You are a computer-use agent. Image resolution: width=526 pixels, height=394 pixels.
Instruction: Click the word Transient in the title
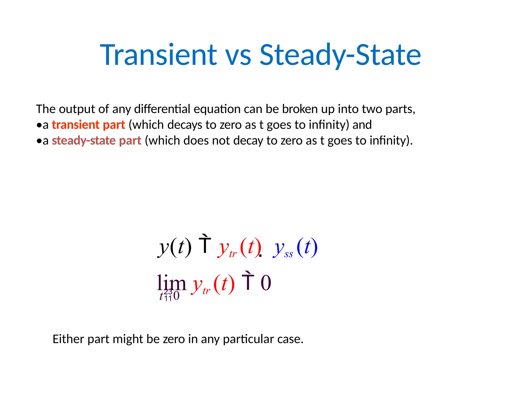pyautogui.click(x=159, y=55)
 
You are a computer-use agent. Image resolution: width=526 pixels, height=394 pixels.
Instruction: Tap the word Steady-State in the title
pyautogui.click(x=340, y=55)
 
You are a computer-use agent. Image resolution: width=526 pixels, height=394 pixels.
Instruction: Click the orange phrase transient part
pyautogui.click(x=88, y=125)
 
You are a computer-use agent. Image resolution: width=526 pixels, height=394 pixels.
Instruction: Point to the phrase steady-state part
pyautogui.click(x=97, y=141)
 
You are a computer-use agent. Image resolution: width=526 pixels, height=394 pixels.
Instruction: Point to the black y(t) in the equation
pyautogui.click(x=175, y=248)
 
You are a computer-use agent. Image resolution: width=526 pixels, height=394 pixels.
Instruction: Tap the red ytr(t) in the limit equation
pyautogui.click(x=212, y=284)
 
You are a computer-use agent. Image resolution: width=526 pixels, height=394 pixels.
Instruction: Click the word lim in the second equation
pyautogui.click(x=171, y=283)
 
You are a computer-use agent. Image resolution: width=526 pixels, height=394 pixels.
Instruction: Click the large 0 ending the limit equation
pyautogui.click(x=266, y=283)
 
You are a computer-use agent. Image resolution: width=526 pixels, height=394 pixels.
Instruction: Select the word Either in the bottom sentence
pyautogui.click(x=68, y=339)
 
